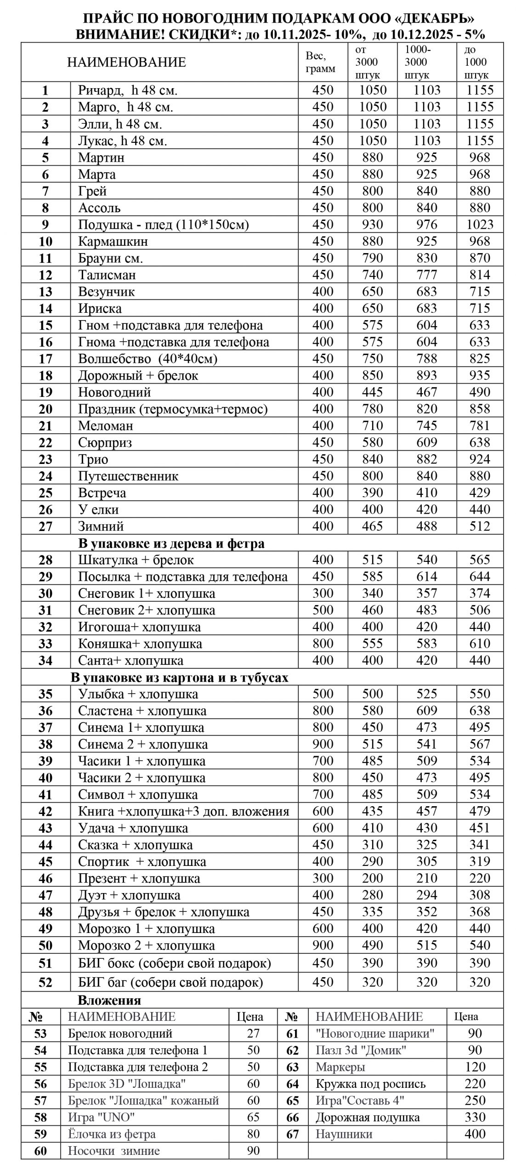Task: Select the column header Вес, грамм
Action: point(320,62)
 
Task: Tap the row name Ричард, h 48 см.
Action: point(127,90)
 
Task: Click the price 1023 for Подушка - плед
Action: point(480,225)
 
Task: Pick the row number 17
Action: point(45,359)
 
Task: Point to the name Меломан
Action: point(105,426)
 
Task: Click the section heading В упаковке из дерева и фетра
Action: point(171,543)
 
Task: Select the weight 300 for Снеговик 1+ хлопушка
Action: point(323,593)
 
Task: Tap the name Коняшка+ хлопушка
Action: point(140,644)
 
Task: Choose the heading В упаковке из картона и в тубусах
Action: point(179,678)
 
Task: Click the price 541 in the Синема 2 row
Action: point(427,744)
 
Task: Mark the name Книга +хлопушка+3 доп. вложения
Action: point(183,811)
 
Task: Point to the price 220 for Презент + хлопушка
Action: point(480,878)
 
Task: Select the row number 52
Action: point(45,983)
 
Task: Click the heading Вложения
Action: point(109,1000)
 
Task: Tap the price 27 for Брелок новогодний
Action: point(253,1034)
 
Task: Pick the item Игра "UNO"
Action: point(102,1117)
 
